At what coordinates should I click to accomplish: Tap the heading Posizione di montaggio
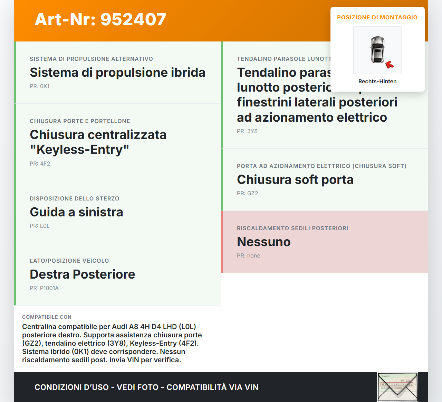[377, 17]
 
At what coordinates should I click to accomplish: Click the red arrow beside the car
[390, 64]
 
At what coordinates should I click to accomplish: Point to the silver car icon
[377, 49]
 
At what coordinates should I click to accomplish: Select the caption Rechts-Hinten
[377, 81]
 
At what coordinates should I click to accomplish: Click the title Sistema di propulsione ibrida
[117, 72]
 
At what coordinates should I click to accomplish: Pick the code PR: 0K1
[40, 86]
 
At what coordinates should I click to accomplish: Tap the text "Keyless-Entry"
[79, 150]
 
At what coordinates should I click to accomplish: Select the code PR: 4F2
[40, 163]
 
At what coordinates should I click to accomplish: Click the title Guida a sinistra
[76, 212]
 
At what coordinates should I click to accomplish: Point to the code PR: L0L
[40, 226]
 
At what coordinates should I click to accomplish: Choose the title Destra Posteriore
[82, 274]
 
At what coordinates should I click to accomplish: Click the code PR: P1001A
[44, 288]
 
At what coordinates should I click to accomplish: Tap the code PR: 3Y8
[247, 131]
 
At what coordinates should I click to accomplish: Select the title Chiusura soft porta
[295, 179]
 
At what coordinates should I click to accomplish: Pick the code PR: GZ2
[247, 193]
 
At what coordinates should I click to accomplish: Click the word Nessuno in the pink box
[263, 242]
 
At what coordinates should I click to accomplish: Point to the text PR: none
[249, 255]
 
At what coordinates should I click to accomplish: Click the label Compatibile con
[47, 317]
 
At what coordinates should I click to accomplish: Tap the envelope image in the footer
[397, 387]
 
